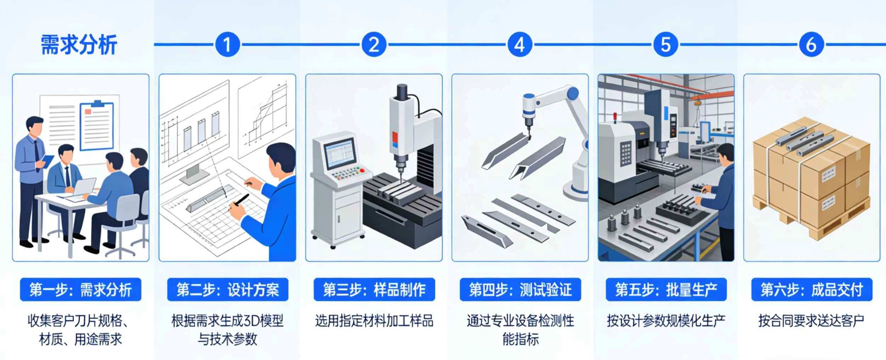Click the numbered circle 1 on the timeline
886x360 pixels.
tap(227, 45)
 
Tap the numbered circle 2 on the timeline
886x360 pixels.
tap(374, 45)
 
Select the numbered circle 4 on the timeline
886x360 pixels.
tap(520, 45)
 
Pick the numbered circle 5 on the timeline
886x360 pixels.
tap(666, 45)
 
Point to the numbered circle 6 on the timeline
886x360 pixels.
tap(812, 45)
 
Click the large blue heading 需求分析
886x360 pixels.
tap(79, 45)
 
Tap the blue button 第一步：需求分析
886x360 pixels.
tap(80, 290)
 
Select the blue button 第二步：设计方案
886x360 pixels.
tap(228, 290)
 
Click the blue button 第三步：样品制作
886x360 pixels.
tap(374, 290)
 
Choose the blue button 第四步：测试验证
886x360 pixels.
tap(520, 290)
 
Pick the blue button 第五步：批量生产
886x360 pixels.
tap(666, 290)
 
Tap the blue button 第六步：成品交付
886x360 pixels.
tap(812, 290)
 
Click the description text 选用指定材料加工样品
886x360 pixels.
tap(374, 321)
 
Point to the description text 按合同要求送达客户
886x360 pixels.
tap(811, 321)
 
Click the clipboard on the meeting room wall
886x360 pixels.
tap(96, 126)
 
